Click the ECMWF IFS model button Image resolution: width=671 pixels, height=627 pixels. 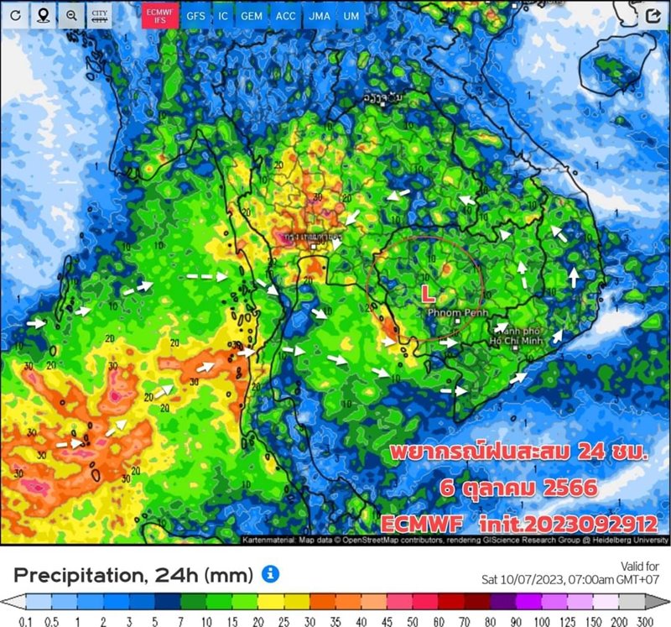pos(158,15)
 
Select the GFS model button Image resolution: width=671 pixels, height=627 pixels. pos(195,15)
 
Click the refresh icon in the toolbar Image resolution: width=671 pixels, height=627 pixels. pos(15,15)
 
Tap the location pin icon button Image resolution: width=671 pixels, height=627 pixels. pos(43,15)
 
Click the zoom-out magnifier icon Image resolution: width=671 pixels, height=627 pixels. pos(71,15)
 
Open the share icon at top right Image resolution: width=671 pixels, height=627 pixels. pos(654,15)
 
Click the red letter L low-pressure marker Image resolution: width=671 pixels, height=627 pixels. pos(428,293)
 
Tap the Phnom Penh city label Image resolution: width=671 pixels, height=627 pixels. pos(452,313)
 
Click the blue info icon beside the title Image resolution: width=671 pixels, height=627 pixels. pos(269,573)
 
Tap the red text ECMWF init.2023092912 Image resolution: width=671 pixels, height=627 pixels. pos(518,523)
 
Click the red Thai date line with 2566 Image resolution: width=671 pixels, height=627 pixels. pos(519,488)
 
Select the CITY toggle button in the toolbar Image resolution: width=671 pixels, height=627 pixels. pos(100,15)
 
